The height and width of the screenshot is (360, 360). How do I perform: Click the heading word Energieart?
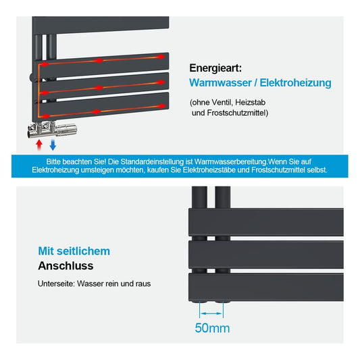(x=215, y=68)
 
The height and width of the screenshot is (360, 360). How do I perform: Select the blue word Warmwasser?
(x=220, y=82)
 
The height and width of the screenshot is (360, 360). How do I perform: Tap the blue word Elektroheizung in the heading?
(x=295, y=83)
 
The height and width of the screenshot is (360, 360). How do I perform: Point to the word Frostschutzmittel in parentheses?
(x=236, y=113)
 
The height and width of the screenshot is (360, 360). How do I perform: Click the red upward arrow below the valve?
(x=39, y=145)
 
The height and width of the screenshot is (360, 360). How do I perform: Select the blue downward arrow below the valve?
(x=53, y=145)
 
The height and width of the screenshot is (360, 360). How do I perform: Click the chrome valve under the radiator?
(x=52, y=129)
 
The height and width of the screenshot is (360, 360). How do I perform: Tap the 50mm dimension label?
(x=212, y=328)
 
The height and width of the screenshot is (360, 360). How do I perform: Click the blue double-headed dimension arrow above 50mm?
(x=211, y=313)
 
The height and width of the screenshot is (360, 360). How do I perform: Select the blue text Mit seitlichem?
(x=74, y=251)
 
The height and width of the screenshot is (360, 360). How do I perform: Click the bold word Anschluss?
(x=66, y=266)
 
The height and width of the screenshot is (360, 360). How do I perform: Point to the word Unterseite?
(x=57, y=284)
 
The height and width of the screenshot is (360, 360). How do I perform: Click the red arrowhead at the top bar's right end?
(x=161, y=57)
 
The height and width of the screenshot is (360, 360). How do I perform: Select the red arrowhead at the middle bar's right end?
(x=161, y=82)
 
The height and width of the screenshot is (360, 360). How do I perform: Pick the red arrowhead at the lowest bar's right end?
(x=162, y=106)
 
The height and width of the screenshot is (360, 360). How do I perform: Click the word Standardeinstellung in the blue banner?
(x=152, y=161)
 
